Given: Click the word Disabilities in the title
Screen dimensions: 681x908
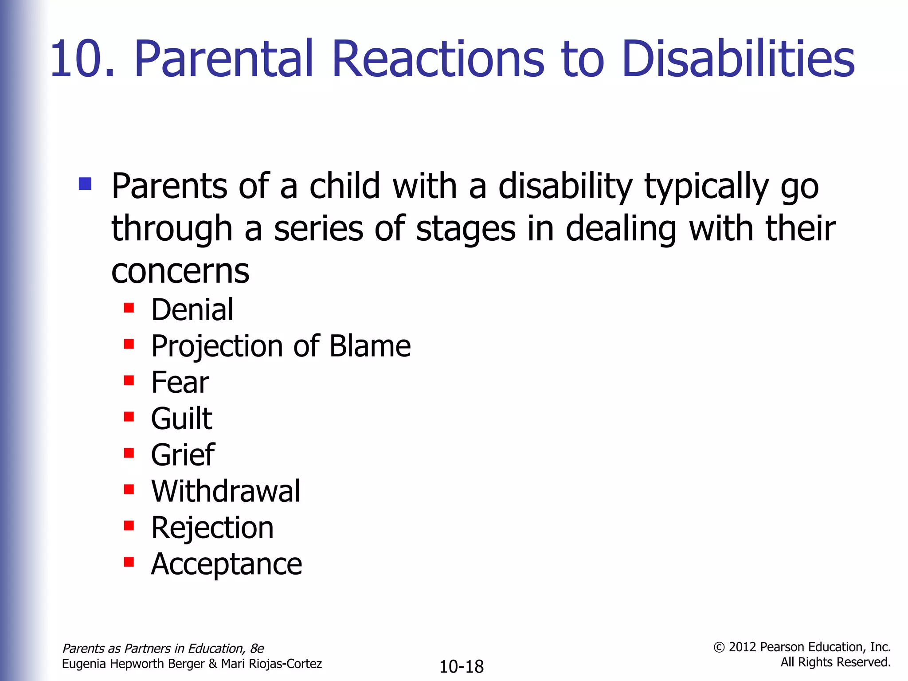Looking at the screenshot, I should [738, 59].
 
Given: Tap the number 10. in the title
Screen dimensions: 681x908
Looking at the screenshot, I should [82, 59].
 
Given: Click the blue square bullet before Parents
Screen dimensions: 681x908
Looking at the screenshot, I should [85, 184].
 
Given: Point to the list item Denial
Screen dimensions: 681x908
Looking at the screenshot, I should [192, 309].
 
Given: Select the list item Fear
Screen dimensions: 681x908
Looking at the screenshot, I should [180, 382].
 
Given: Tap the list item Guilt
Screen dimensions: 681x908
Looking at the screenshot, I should [181, 419].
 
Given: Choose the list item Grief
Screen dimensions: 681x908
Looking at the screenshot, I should [183, 455].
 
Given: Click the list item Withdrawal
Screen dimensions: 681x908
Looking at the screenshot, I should [226, 491].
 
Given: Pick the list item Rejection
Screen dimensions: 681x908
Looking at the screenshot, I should [212, 528].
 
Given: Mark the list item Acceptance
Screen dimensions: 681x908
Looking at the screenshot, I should [227, 564].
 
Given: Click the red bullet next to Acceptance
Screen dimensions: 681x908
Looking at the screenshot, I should [129, 562].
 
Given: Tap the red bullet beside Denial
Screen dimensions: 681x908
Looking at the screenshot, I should [129, 308].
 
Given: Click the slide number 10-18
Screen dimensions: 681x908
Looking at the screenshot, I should [461, 666].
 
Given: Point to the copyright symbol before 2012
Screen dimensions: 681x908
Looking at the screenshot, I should [719, 648].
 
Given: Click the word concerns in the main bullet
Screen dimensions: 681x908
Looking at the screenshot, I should [180, 271].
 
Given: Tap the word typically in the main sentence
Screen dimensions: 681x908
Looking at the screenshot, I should [706, 186].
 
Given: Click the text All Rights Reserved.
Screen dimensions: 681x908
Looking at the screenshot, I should [835, 662].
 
